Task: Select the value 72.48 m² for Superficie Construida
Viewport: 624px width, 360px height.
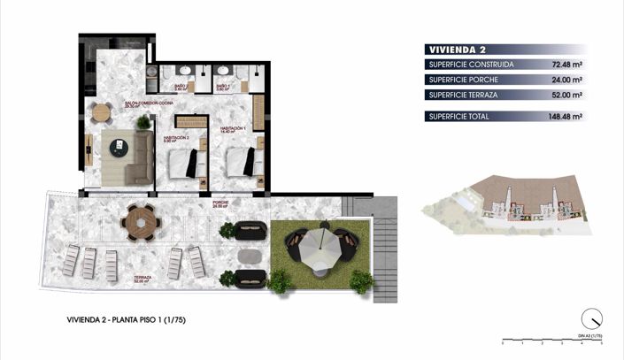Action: click(564, 65)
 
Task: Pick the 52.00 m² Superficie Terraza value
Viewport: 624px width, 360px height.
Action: click(564, 96)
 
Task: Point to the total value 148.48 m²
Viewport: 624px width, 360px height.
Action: click(562, 116)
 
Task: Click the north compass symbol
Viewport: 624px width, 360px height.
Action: click(591, 319)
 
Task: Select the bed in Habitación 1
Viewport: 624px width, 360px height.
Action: click(243, 162)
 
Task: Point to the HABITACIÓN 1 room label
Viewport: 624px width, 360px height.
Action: click(233, 129)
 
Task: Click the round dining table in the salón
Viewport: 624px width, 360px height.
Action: click(103, 113)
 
